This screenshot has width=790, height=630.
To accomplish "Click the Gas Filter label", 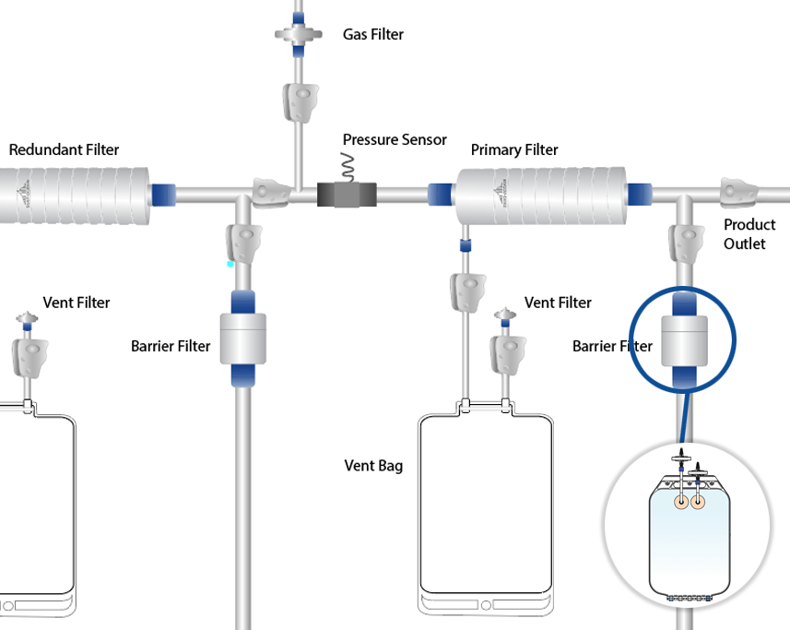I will [x=372, y=35].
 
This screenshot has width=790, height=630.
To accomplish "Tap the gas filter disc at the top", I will [x=299, y=36].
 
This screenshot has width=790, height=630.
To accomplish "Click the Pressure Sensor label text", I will [x=395, y=140].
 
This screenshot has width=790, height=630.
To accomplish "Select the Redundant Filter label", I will [x=64, y=149].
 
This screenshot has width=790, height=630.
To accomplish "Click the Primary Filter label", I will [x=513, y=149].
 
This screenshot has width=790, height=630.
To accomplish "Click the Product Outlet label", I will [x=749, y=233].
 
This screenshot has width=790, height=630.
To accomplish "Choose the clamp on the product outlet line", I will [x=739, y=194].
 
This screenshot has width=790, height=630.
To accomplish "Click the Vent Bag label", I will [x=372, y=466].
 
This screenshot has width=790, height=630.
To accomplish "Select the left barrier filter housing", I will [x=243, y=339].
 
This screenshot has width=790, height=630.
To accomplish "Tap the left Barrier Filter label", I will [x=171, y=347].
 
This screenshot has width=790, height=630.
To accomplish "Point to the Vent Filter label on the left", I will [x=77, y=303].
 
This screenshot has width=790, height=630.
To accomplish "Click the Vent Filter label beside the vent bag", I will [x=558, y=303].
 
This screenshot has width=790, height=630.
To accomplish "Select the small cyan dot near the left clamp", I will [x=230, y=264].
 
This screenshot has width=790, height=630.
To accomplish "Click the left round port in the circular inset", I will [x=680, y=503].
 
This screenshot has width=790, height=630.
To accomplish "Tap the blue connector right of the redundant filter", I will [x=165, y=196].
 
